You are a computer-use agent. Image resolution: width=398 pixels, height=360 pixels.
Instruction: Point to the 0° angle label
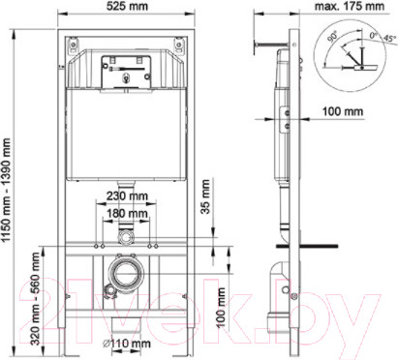pos(369,34)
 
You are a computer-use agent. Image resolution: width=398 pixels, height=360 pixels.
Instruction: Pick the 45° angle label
pos(387,40)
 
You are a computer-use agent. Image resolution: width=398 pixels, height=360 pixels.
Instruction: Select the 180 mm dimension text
pos(128,216)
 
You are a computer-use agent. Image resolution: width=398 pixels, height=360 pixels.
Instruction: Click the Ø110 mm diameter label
pos(129,344)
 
